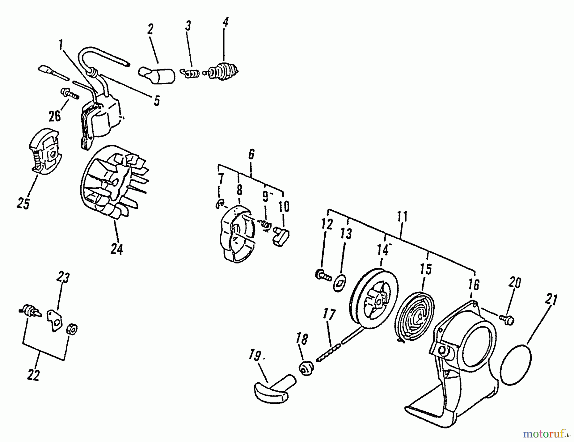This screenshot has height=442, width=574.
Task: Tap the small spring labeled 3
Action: [x=190, y=74]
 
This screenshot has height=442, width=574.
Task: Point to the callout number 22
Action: [x=33, y=375]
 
